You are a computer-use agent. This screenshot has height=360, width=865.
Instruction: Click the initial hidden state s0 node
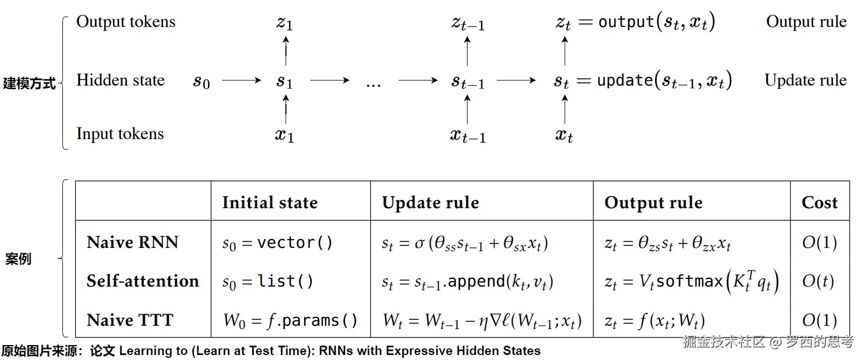coord(201,82)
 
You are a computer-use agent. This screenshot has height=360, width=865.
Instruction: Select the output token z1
coord(284,24)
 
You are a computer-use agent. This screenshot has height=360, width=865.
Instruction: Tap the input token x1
coord(284,135)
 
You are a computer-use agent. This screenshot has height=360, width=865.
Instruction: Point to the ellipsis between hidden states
coord(373,84)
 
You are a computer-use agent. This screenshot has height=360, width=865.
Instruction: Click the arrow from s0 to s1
coord(241,81)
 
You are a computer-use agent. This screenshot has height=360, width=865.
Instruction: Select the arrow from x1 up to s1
coord(285,109)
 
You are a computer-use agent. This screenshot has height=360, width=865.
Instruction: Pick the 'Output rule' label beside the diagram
coord(806,22)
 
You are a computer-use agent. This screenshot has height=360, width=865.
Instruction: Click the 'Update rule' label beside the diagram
coord(805,80)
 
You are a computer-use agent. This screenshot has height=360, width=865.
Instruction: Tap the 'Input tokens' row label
coord(120,134)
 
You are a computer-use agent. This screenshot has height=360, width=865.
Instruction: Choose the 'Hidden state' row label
coord(120,80)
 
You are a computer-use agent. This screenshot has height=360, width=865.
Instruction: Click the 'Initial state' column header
coord(269,203)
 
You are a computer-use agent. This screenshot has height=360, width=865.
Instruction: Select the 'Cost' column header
coord(819,203)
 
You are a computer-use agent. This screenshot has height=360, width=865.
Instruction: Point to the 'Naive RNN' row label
coord(132,242)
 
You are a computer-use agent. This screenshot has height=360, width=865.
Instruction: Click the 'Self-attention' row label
coord(142,281)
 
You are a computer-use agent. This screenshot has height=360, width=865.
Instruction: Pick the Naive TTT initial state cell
coord(290,320)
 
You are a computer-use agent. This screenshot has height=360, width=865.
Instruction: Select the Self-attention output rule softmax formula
coord(691,282)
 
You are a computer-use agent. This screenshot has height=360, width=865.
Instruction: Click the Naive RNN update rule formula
coord(465,243)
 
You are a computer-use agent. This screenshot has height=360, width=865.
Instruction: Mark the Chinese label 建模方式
coord(29,84)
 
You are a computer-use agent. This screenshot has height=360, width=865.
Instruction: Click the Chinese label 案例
coord(18,258)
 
